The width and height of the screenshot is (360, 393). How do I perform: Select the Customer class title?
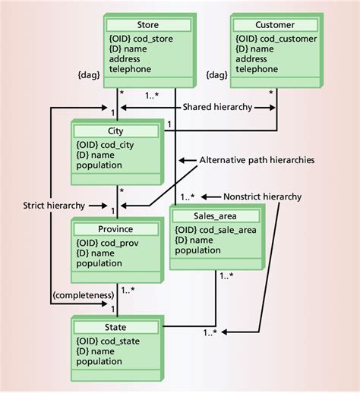274,25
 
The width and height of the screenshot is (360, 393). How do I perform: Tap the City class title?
116,131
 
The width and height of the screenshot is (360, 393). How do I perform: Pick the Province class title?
116,229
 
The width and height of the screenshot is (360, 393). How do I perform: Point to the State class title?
116,327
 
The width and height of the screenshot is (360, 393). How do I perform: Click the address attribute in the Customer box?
251,58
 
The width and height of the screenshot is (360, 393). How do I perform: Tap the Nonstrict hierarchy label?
261,196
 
